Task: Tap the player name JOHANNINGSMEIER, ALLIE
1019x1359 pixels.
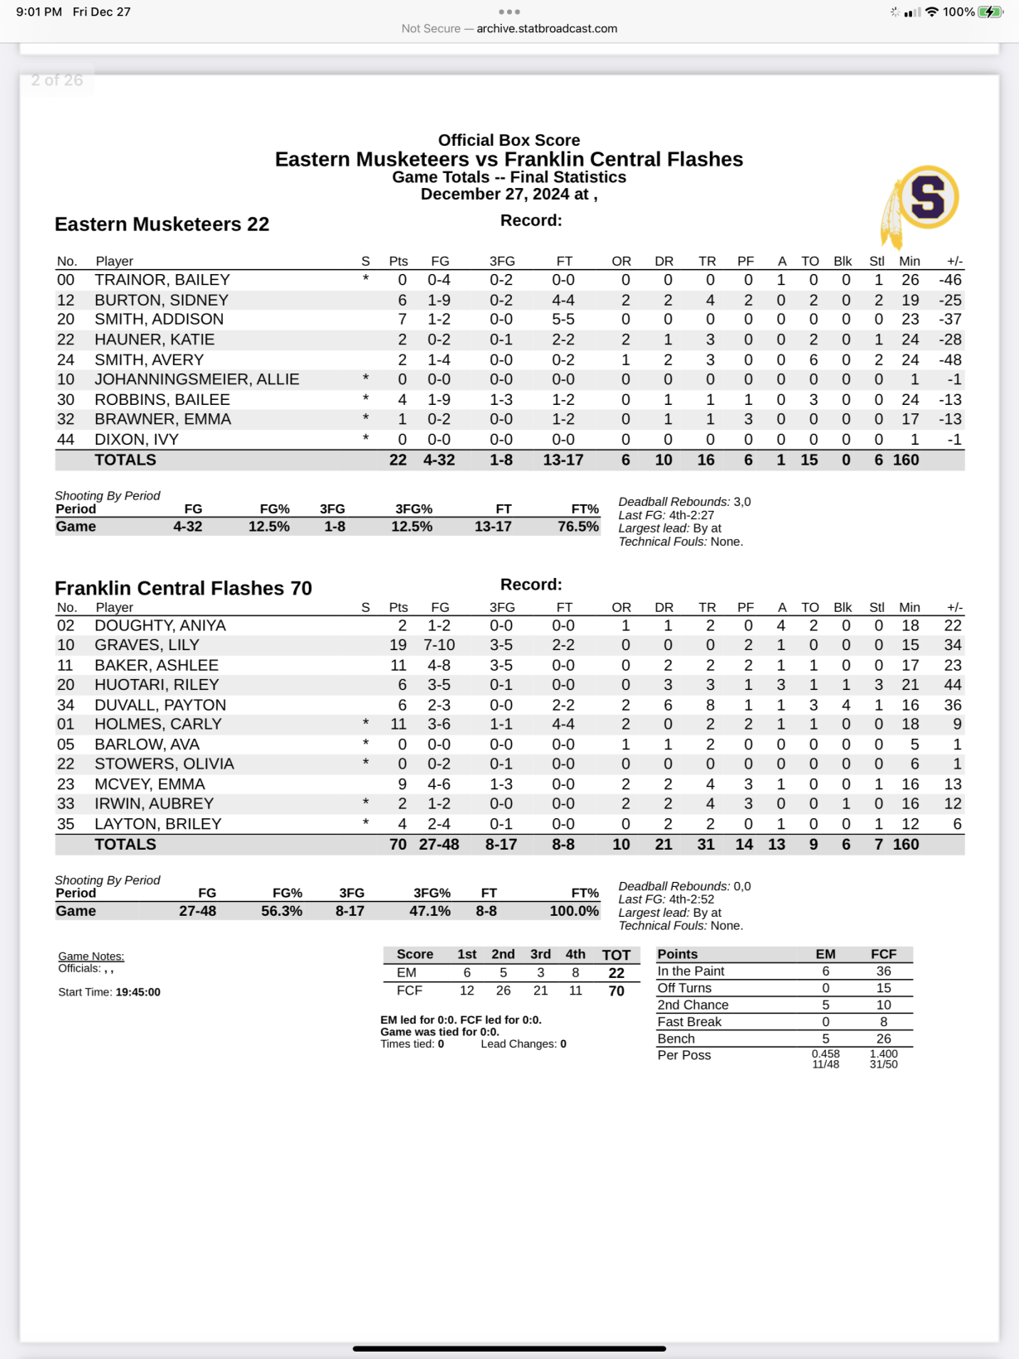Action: pos(196,379)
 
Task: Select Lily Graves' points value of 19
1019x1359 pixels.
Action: pos(398,645)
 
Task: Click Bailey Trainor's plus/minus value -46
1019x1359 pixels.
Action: pos(949,280)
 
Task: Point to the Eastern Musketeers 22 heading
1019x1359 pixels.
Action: pos(162,224)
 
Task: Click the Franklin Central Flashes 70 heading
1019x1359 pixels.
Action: pos(183,588)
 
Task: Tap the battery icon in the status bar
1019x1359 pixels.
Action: pos(990,12)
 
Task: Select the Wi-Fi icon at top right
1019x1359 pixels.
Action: pos(932,12)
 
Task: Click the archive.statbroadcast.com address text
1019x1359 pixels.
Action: pos(547,28)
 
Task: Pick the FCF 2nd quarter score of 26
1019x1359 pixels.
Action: pos(503,990)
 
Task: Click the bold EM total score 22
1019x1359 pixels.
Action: pos(616,973)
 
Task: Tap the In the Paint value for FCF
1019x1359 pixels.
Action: pos(883,971)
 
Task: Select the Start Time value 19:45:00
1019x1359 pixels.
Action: pos(138,992)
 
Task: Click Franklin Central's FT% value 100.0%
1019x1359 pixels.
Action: pos(574,911)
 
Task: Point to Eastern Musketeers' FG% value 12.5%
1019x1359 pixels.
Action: pos(269,527)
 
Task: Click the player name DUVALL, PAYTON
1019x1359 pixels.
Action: pos(160,705)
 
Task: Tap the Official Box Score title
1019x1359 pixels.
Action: pos(509,140)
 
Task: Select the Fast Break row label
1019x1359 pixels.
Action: pos(689,1022)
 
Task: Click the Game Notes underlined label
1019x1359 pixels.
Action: pos(91,957)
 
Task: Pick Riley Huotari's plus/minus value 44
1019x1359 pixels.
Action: pos(953,685)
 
